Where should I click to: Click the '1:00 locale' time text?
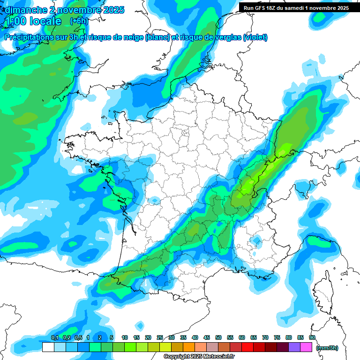tap(33, 21)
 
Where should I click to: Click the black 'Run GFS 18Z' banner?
tap(296, 7)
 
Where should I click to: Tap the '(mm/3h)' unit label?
tap(327, 348)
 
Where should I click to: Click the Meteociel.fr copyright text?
tap(199, 357)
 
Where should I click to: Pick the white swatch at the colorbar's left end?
tap(48, 347)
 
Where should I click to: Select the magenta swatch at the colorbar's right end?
tap(306, 347)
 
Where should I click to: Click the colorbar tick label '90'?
tap(312, 337)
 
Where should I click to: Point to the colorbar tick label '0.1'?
tap(54, 337)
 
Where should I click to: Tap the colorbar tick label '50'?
tap(218, 337)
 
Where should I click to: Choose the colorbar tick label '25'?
tap(160, 337)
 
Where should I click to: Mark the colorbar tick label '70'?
tap(265, 337)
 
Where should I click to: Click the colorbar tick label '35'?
tap(183, 337)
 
